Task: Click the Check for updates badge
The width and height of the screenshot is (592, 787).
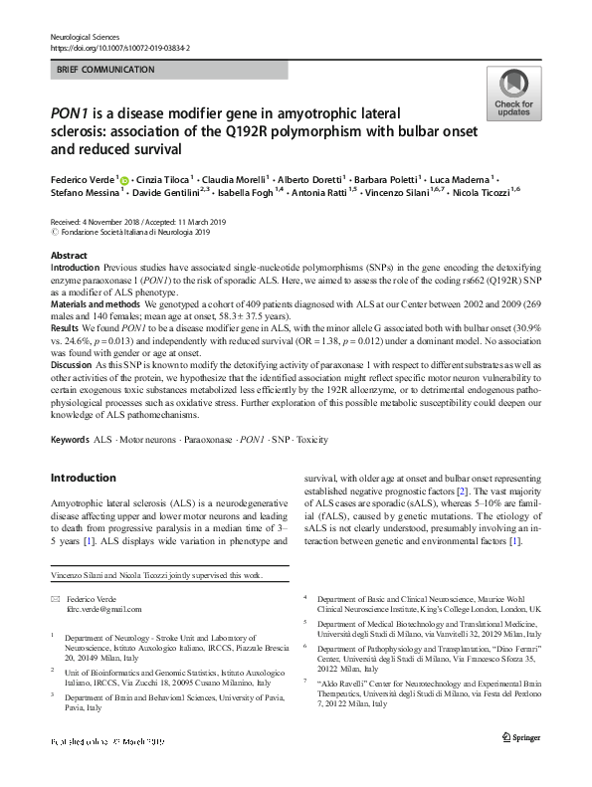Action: (512, 96)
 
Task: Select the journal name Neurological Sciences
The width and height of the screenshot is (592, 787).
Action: (86, 36)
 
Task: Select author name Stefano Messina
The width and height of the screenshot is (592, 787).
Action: (83, 192)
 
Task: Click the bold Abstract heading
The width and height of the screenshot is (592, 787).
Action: (68, 256)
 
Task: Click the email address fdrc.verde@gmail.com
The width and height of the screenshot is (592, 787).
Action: (103, 609)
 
